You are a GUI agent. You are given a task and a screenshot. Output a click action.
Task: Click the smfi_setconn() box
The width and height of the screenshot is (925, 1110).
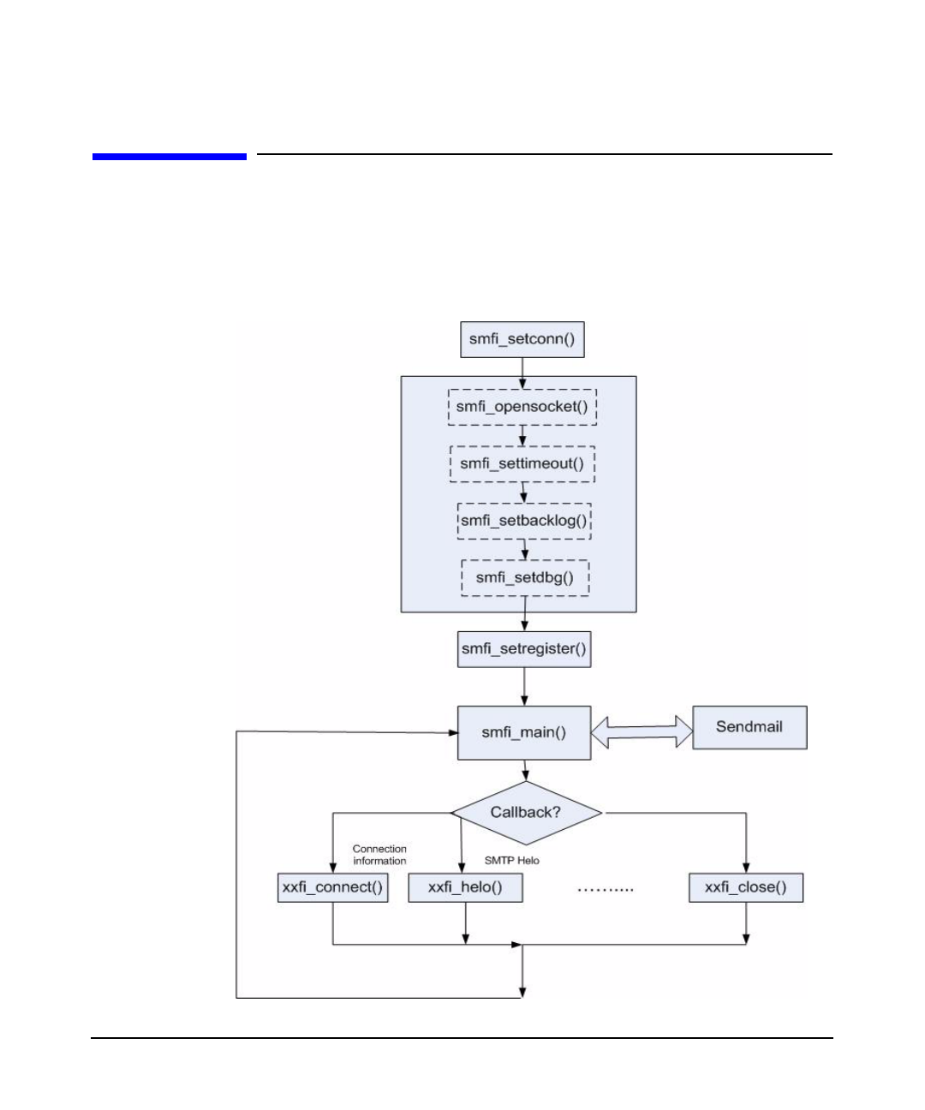tap(522, 339)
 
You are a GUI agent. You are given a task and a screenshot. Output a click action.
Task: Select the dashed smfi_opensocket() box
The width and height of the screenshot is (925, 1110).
tap(522, 407)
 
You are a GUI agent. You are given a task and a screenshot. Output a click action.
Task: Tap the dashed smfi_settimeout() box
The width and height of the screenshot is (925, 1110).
tap(522, 464)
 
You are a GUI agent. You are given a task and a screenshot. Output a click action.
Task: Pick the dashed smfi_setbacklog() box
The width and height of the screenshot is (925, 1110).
tap(524, 521)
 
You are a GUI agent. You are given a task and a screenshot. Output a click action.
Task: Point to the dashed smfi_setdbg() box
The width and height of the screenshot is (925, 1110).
tap(525, 578)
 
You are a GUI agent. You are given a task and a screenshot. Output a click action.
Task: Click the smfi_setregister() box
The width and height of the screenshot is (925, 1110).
tap(524, 649)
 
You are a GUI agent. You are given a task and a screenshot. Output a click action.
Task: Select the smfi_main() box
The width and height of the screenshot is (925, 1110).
tap(524, 732)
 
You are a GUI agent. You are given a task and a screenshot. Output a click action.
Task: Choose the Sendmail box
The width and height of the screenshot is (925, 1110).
tap(749, 727)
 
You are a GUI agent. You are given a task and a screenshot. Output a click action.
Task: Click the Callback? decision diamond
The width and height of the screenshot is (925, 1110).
tap(526, 812)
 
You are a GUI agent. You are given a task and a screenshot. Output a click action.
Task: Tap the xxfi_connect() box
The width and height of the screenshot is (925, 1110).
tap(332, 887)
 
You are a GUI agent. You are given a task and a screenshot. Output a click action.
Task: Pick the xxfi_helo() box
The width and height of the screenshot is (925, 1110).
tap(465, 887)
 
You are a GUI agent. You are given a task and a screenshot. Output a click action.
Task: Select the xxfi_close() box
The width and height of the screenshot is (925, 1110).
tap(746, 887)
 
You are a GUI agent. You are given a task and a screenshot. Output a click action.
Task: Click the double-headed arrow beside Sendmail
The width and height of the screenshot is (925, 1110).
tap(642, 731)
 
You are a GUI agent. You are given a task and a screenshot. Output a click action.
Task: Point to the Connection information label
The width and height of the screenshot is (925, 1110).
tap(379, 855)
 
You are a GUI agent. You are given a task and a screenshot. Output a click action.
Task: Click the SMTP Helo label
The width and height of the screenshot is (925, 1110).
tap(512, 861)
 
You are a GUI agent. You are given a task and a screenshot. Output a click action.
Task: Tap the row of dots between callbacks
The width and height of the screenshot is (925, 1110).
tap(606, 890)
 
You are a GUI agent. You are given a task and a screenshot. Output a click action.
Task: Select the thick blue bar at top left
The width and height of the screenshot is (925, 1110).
tap(170, 157)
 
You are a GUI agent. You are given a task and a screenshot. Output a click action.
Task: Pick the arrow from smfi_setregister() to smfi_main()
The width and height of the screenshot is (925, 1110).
tap(524, 687)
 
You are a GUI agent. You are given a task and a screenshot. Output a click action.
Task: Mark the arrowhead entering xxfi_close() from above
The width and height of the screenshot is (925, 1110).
tap(746, 867)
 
